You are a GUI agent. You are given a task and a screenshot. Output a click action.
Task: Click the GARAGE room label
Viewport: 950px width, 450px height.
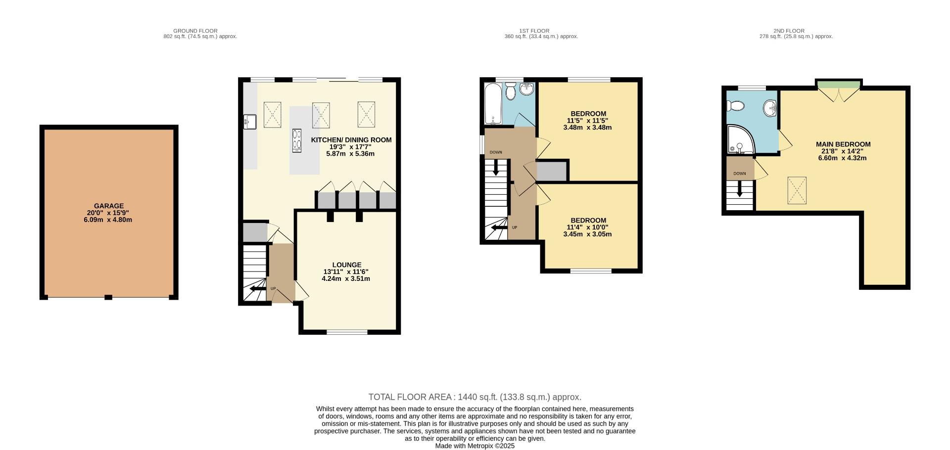(109, 206)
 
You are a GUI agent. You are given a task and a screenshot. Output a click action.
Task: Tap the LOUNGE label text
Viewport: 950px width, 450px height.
(346, 265)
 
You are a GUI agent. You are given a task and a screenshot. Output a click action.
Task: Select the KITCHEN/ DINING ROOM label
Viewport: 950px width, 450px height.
(351, 140)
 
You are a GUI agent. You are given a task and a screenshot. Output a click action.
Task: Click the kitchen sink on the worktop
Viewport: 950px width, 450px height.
(250, 121)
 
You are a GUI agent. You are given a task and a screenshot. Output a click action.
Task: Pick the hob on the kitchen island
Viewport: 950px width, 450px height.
(297, 139)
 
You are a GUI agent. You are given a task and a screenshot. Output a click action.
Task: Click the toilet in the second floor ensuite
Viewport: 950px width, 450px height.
(736, 106)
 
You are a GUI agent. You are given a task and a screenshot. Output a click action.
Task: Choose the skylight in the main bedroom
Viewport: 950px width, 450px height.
(797, 190)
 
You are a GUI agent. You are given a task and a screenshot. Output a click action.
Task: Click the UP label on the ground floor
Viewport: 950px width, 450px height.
(273, 289)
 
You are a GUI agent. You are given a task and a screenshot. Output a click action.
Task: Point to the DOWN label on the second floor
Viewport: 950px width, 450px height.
(740, 174)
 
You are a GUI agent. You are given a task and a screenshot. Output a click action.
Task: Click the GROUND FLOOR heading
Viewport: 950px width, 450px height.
(195, 31)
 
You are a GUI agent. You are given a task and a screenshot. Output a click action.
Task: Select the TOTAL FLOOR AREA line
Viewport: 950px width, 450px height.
(475, 397)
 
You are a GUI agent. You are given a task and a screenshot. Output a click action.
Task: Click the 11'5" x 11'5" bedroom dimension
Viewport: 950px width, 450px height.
(587, 120)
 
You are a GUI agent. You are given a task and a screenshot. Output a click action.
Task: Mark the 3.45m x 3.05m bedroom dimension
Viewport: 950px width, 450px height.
(587, 234)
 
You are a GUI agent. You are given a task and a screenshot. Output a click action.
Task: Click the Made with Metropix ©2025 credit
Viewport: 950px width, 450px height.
(475, 446)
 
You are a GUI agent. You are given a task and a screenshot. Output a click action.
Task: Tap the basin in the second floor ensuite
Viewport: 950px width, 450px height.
(770, 107)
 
